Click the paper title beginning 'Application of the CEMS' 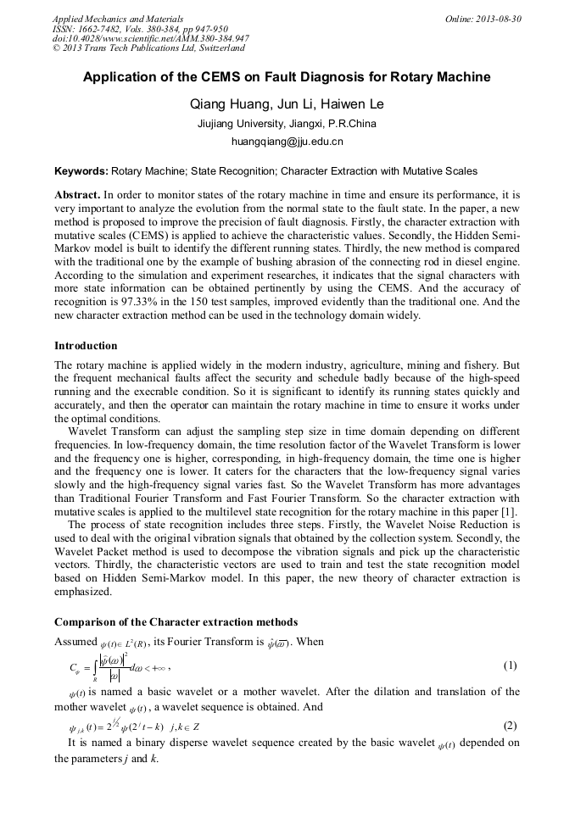287,77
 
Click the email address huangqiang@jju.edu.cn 287,142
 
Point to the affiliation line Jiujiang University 287,124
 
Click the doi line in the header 150,38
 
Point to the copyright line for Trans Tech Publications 148,48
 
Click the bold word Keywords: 81,170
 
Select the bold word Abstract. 77,194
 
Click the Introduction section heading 86,346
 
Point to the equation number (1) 510,665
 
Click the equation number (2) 510,726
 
